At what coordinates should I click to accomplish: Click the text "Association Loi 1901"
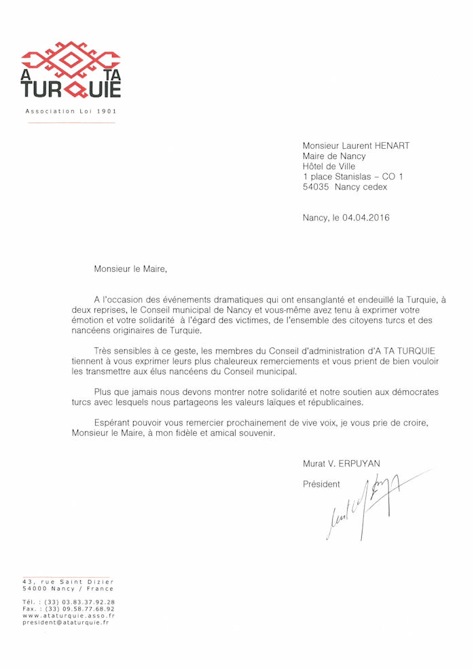75,111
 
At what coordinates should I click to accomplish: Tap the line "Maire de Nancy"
334,156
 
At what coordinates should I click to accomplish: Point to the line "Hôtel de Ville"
329,166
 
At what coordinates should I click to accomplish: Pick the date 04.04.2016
366,218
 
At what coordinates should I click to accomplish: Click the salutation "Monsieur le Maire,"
130,269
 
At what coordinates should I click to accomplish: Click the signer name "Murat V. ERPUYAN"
342,464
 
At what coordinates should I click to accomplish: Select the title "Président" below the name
321,485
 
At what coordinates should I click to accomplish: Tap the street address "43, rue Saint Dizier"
68,582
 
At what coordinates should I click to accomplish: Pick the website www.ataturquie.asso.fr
68,615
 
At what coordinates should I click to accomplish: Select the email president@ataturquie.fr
65,622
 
